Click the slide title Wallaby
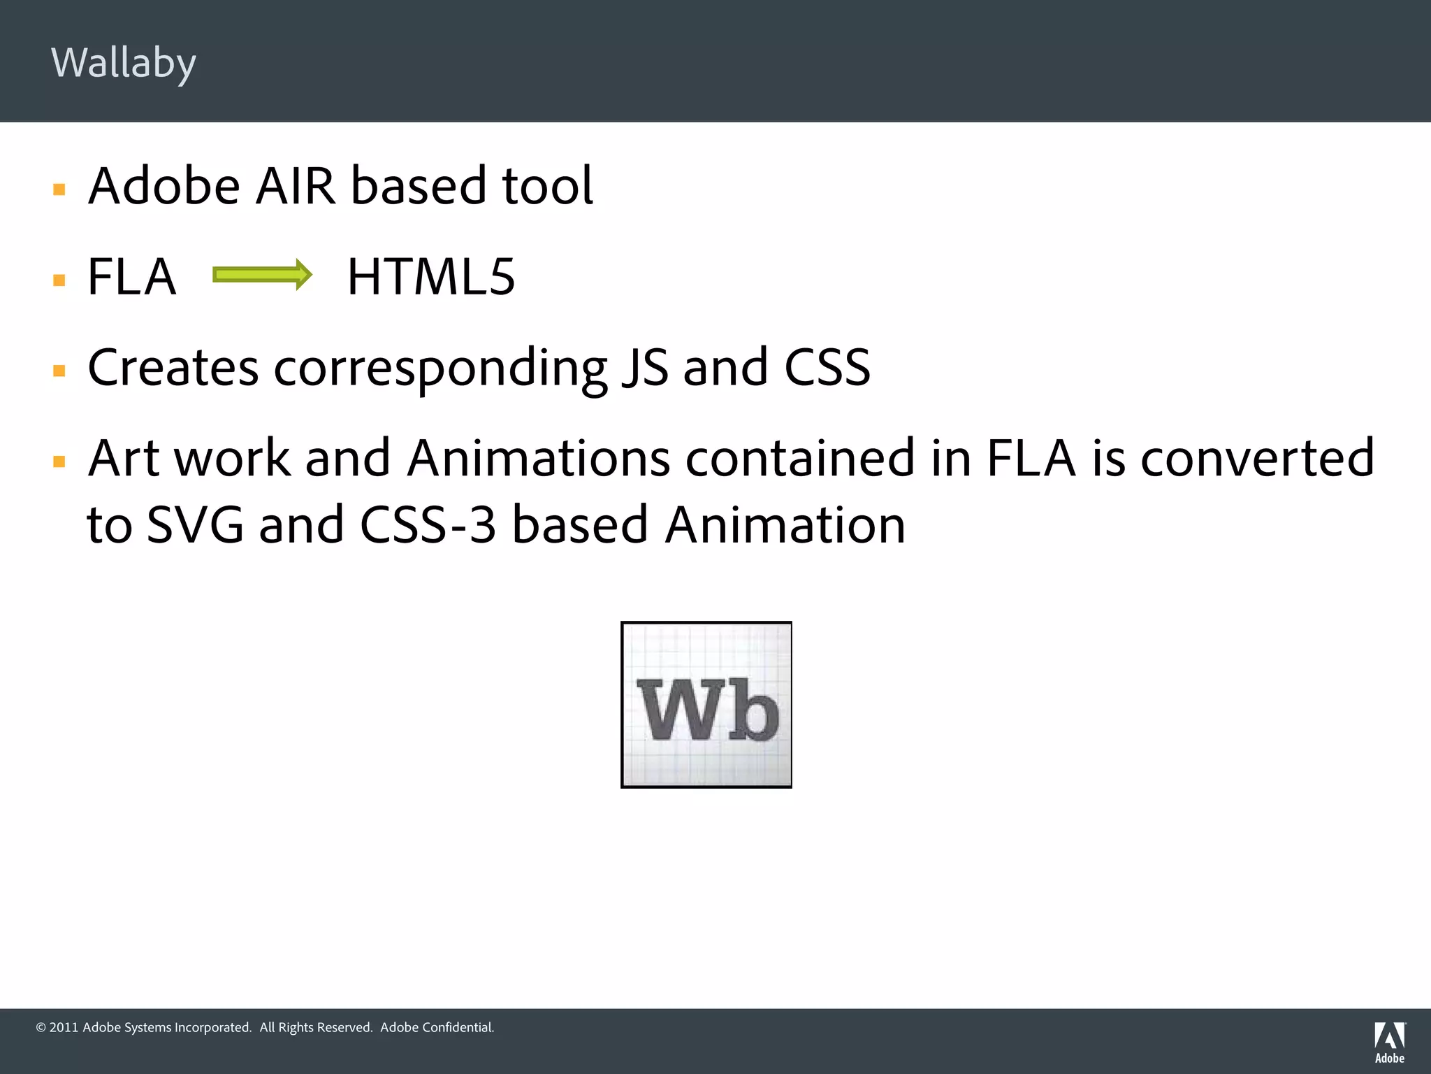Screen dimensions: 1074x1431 pyautogui.click(x=124, y=63)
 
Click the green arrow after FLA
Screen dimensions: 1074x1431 pyautogui.click(x=262, y=275)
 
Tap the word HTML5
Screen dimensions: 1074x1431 pyautogui.click(x=431, y=277)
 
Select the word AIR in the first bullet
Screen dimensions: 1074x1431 pyautogui.click(x=295, y=186)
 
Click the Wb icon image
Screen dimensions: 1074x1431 pyautogui.click(x=706, y=705)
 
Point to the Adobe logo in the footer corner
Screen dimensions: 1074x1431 pyautogui.click(x=1389, y=1042)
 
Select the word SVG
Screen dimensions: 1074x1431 pyautogui.click(x=195, y=525)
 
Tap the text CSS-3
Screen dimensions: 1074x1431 pyautogui.click(x=428, y=525)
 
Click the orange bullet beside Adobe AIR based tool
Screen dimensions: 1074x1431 pyautogui.click(x=59, y=189)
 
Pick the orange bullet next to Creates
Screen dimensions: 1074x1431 pyautogui.click(x=59, y=371)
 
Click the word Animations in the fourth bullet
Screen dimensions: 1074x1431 pyautogui.click(x=538, y=459)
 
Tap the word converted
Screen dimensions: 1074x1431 pyautogui.click(x=1257, y=459)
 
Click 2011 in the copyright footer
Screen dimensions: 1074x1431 pyautogui.click(x=64, y=1027)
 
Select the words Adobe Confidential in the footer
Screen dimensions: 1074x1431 pyautogui.click(x=437, y=1027)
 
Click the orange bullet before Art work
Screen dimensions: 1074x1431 pyautogui.click(x=59, y=461)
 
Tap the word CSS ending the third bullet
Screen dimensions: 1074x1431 pyautogui.click(x=827, y=368)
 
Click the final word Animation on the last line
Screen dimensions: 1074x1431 pyautogui.click(x=785, y=525)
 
